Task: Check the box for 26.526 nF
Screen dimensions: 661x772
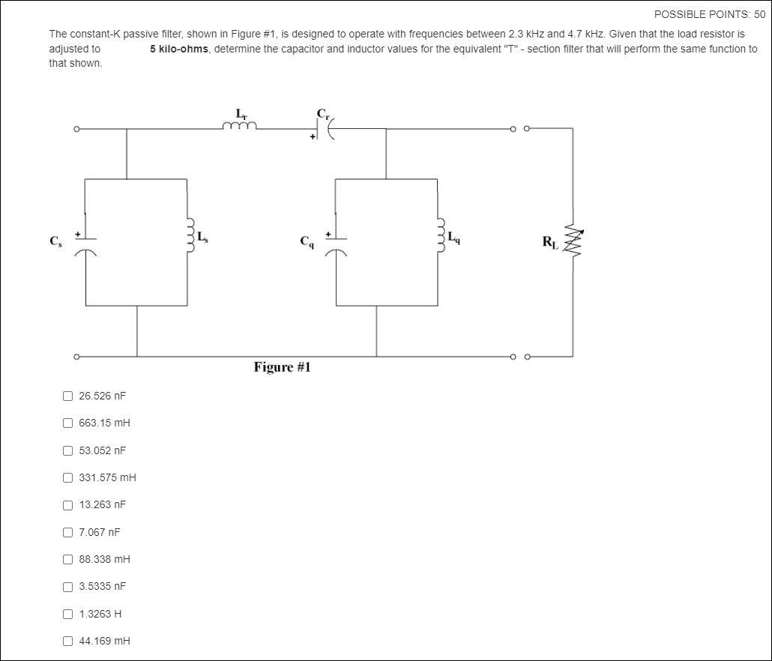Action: (x=68, y=396)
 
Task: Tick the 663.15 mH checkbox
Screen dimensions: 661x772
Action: (x=68, y=423)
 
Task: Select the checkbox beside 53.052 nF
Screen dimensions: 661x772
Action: (x=68, y=450)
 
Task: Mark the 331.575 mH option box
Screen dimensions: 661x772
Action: (x=68, y=477)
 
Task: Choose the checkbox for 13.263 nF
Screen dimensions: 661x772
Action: (x=68, y=504)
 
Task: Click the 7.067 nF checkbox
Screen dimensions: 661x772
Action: (x=68, y=532)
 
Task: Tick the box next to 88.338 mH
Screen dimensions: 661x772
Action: (x=68, y=559)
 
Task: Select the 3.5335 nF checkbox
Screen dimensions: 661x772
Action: (x=68, y=586)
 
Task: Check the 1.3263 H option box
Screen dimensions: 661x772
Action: (x=68, y=614)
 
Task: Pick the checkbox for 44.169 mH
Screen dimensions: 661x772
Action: (x=68, y=641)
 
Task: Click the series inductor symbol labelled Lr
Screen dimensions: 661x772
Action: (x=239, y=126)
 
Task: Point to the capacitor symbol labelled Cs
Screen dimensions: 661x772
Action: (x=85, y=245)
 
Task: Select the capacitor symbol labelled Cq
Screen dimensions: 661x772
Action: (x=336, y=245)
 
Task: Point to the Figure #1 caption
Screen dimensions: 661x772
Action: (x=282, y=367)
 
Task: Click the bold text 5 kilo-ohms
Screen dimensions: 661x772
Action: (x=178, y=49)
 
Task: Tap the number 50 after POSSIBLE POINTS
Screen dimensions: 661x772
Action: (x=759, y=14)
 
